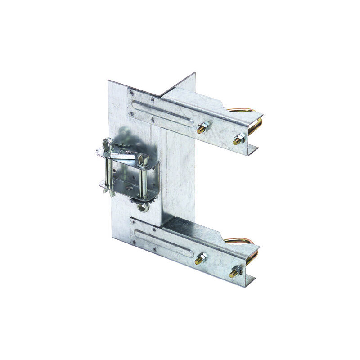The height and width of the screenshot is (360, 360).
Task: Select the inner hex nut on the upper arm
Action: click(x=203, y=126)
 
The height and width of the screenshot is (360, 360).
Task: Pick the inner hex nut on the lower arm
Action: click(x=201, y=258)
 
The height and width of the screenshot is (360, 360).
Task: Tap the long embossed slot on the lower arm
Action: click(x=164, y=243)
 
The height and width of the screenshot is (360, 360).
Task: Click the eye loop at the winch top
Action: click(x=107, y=144)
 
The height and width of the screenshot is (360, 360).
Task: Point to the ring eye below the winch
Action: click(x=143, y=207)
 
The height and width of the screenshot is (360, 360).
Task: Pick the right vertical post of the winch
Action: click(x=143, y=180)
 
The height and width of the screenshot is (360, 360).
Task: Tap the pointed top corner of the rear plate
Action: click(x=194, y=73)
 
